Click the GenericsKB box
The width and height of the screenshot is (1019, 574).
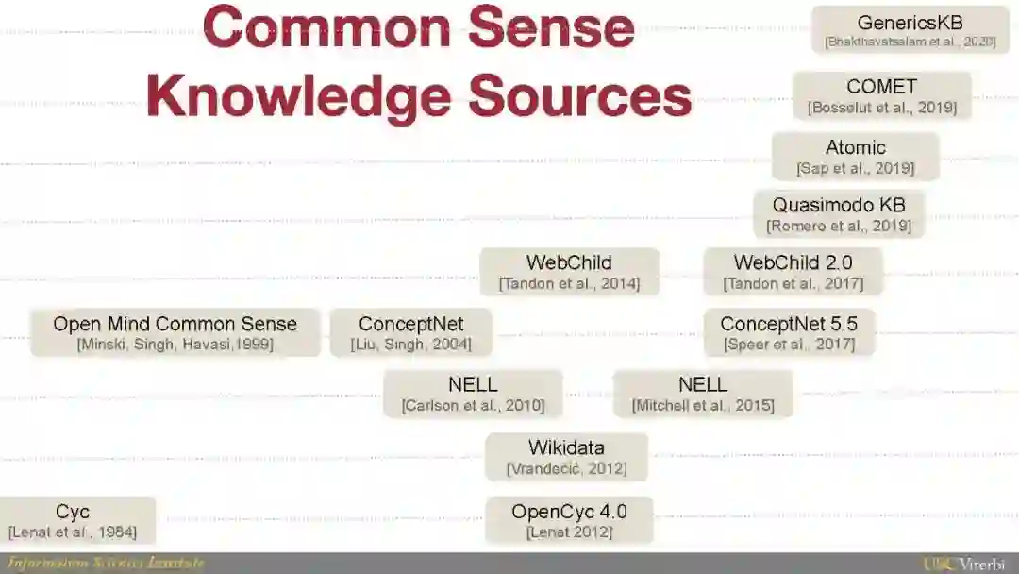click(x=910, y=30)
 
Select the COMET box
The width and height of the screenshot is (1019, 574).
click(x=881, y=95)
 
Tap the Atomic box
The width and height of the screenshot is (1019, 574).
click(x=855, y=157)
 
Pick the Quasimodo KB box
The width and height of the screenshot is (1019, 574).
click(x=838, y=214)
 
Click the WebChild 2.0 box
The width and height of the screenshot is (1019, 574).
click(x=793, y=272)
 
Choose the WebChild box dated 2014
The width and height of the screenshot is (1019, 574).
click(x=569, y=272)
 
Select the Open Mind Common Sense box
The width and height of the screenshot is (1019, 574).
click(x=175, y=332)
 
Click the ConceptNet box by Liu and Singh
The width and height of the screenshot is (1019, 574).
click(x=410, y=332)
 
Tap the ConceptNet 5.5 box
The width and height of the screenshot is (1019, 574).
click(x=789, y=332)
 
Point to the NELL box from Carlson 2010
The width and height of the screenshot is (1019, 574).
click(x=473, y=394)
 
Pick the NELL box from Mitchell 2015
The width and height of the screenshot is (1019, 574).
click(x=702, y=394)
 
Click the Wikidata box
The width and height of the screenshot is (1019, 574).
click(x=566, y=457)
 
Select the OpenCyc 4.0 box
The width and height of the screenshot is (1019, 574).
click(x=569, y=520)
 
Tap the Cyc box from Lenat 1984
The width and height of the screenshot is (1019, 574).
click(x=73, y=520)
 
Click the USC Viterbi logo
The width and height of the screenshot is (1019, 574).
click(x=968, y=564)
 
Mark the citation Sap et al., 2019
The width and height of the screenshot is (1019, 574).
click(x=855, y=169)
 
